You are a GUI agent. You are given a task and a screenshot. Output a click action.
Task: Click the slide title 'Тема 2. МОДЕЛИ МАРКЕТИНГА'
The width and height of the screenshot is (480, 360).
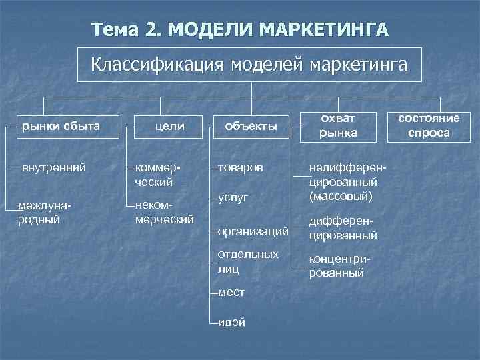[x=240, y=30]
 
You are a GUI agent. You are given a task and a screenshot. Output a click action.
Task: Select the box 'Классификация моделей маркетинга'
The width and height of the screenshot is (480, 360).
[x=249, y=65]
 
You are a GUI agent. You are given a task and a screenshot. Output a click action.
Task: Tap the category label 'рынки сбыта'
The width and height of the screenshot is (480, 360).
[x=61, y=124]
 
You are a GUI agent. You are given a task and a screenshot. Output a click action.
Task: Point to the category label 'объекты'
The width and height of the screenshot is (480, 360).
[x=251, y=124]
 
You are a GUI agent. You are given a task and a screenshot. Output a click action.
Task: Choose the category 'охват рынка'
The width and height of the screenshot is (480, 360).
[x=337, y=125]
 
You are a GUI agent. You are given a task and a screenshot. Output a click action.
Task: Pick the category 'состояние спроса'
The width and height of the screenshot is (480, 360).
[x=429, y=125]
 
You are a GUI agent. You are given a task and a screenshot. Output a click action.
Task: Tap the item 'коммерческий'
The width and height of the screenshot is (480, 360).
[x=157, y=174]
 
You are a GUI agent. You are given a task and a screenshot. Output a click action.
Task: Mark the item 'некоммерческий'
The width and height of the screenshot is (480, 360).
[x=163, y=211]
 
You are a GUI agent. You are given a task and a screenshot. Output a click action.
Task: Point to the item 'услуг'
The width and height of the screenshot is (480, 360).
[x=233, y=198]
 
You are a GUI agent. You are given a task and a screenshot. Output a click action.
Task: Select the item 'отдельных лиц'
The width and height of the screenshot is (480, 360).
[x=247, y=262]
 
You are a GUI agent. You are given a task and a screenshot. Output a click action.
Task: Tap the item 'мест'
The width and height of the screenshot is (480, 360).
[x=231, y=293]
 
